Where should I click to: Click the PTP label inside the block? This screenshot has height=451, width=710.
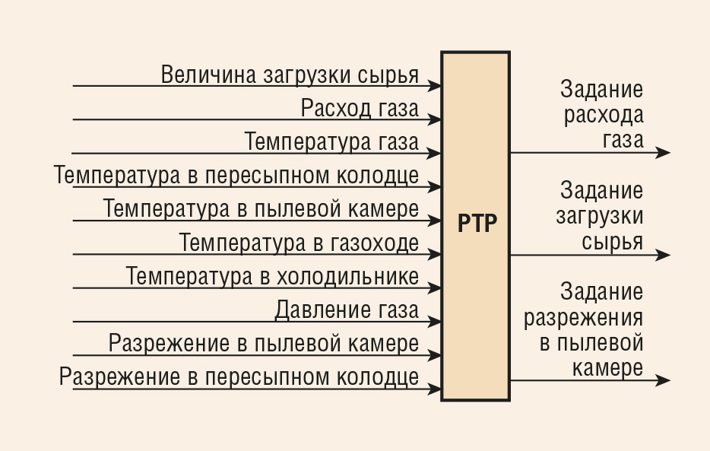pos(477,224)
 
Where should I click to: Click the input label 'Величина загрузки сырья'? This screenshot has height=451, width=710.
pos(290,75)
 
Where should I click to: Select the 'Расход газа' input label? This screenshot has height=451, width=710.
pos(360,109)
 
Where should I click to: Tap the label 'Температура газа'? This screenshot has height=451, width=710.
pos(332,141)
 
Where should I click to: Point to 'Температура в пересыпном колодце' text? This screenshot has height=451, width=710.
pos(236,175)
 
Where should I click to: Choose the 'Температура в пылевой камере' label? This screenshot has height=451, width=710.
pos(261,209)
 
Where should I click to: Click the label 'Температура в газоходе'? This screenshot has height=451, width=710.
pos(300,243)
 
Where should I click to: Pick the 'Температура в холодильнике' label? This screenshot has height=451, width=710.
pos(272,276)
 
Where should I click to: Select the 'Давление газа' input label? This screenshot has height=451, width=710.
pos(347,310)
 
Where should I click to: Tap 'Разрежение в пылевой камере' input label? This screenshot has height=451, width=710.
pos(264,344)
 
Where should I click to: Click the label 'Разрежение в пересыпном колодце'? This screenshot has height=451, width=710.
pos(239,377)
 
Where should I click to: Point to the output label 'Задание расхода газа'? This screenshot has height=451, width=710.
pos(602,115)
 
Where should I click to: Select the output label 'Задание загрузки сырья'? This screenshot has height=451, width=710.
pos(600,216)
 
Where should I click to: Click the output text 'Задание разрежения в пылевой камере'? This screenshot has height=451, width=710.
pos(584,329)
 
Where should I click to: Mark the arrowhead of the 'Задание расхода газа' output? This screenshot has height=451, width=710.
pos(663,153)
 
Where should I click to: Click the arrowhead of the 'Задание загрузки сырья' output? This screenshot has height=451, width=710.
pos(663,255)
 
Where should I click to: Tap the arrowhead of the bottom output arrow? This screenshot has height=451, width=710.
pos(663,380)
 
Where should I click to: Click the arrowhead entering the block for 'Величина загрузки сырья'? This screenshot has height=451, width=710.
pos(434,86)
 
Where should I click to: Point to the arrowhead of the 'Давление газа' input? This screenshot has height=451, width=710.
pos(434,322)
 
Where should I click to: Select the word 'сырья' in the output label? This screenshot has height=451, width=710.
pos(612,241)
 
